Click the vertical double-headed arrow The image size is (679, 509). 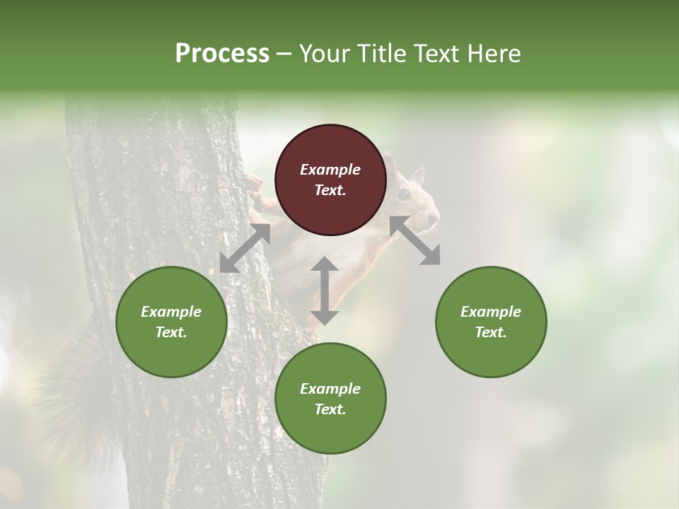[x=325, y=291]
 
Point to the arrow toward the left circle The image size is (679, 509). [x=245, y=248]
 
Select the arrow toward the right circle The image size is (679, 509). [x=415, y=240]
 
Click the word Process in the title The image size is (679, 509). [x=222, y=54]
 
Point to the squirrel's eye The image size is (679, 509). [x=403, y=194]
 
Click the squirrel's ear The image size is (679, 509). [x=417, y=174]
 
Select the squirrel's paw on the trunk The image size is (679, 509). [x=253, y=185]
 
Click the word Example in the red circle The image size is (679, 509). [x=330, y=170]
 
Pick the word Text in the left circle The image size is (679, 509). [x=171, y=332]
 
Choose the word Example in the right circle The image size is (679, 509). [x=491, y=312]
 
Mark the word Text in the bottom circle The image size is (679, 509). [x=330, y=409]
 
